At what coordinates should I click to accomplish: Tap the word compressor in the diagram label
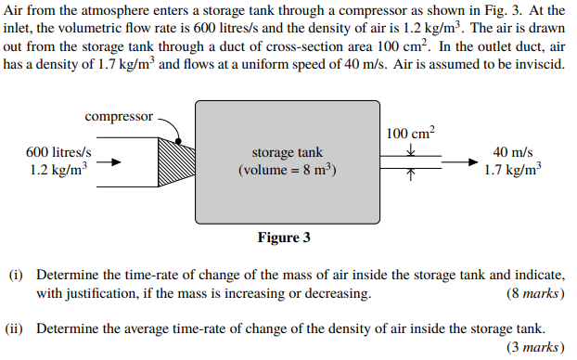click(119, 117)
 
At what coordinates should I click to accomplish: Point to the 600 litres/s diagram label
click(58, 152)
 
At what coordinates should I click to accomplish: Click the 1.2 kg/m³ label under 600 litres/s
click(58, 170)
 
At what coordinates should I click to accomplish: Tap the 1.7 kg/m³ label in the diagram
click(513, 170)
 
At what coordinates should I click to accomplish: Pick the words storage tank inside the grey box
click(288, 152)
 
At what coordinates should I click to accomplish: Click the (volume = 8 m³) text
click(288, 170)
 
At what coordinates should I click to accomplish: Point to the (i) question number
click(16, 276)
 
